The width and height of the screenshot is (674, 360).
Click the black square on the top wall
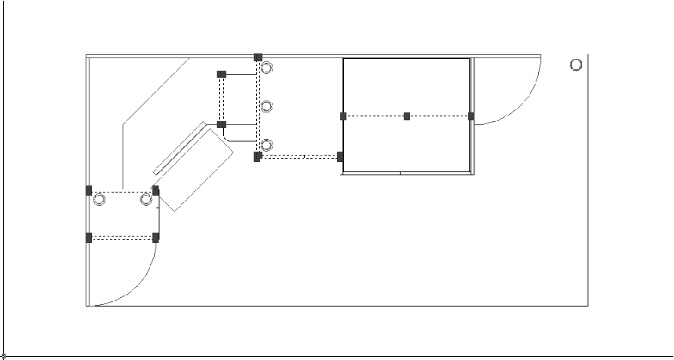(x=258, y=57)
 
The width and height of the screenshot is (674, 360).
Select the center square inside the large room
(x=407, y=116)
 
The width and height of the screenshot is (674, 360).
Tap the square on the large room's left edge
(x=343, y=116)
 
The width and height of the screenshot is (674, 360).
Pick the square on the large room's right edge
(x=471, y=116)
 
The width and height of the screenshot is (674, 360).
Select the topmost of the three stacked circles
(x=267, y=68)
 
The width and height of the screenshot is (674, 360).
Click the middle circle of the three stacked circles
(x=267, y=106)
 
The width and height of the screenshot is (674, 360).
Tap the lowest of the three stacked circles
(x=267, y=145)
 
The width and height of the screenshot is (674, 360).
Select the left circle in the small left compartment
(x=99, y=200)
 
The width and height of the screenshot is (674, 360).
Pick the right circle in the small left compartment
(x=145, y=200)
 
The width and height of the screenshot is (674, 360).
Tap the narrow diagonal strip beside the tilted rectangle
(x=179, y=148)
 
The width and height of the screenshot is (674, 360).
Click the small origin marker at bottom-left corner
(x=4, y=356)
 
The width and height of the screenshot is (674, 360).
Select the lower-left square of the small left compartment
(x=89, y=237)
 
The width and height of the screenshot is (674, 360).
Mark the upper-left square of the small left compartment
(x=89, y=190)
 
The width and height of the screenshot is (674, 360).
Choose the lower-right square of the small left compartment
(x=156, y=237)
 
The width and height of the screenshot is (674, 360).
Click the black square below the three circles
(x=258, y=156)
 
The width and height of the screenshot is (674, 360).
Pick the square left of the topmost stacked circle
(x=222, y=74)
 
